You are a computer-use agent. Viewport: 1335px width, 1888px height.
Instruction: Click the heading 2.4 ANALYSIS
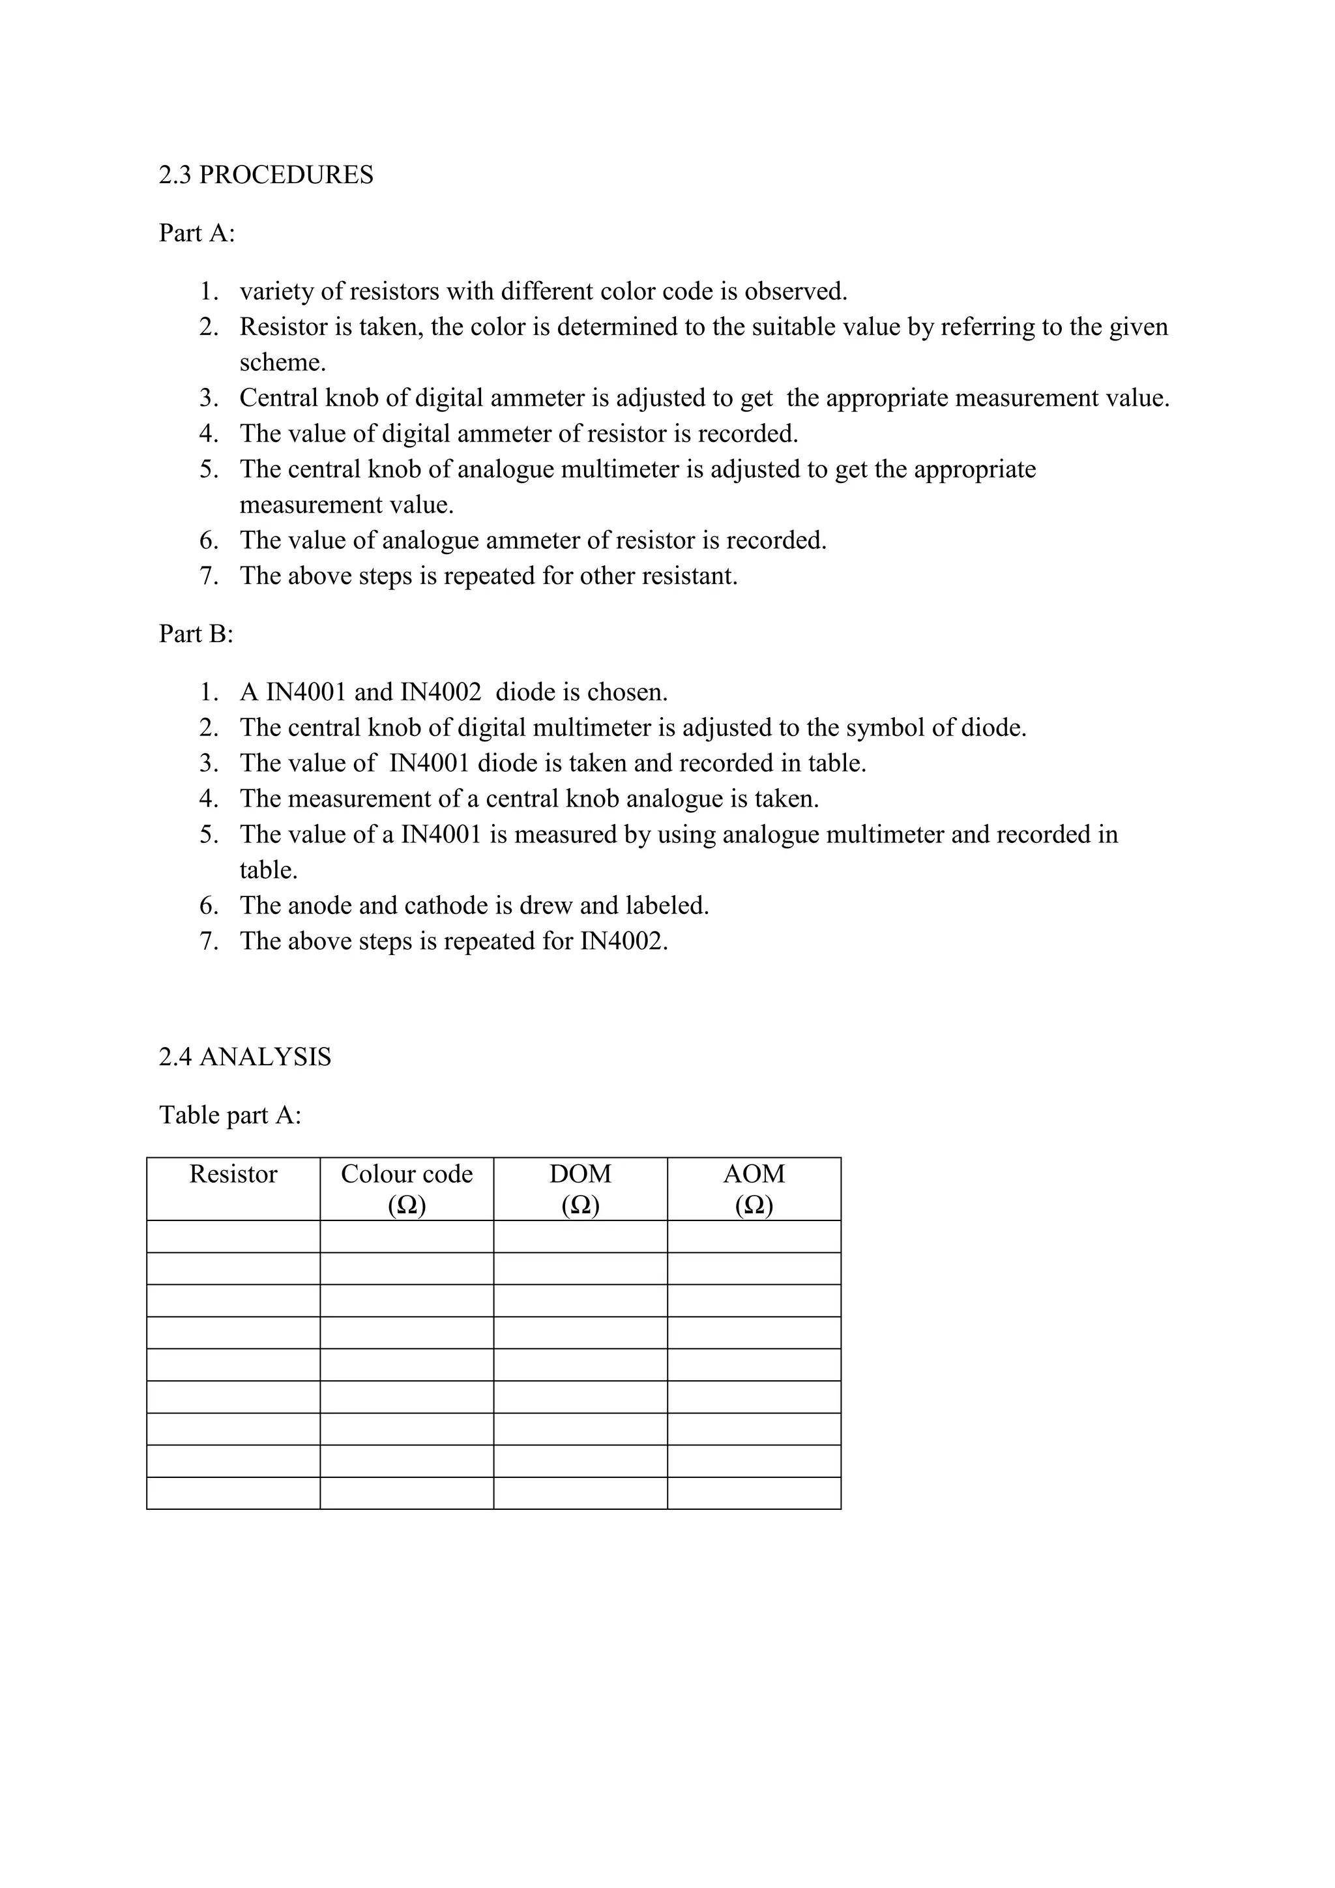coord(244,1057)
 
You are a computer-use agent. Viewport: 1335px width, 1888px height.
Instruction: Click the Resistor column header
coord(233,1174)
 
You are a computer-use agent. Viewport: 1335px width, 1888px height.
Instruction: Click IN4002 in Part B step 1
coord(441,692)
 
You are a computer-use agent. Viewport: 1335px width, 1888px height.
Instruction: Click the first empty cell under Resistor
coord(233,1236)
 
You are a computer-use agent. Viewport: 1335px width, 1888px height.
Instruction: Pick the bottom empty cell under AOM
coord(754,1494)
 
